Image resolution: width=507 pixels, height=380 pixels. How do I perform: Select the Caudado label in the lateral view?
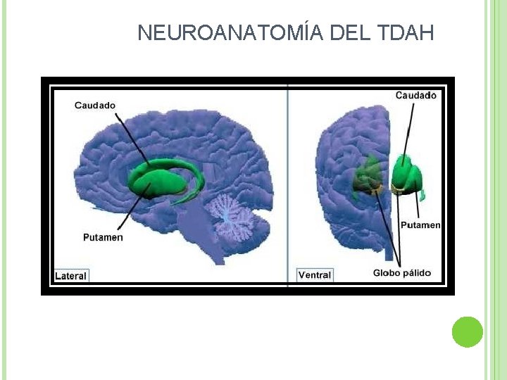[95, 106]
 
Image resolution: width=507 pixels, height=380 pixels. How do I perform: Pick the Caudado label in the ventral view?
[415, 95]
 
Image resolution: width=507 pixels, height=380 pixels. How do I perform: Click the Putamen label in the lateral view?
[103, 237]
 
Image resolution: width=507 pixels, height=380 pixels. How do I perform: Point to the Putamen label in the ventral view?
[420, 225]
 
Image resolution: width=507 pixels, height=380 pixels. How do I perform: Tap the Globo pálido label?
[402, 273]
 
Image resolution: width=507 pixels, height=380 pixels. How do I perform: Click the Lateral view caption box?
[71, 276]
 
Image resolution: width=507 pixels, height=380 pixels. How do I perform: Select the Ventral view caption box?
[314, 275]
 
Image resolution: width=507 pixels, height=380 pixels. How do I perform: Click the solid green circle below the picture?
[468, 331]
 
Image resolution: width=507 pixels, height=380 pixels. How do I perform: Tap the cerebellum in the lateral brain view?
[232, 218]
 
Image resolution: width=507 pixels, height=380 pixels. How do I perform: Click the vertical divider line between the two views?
[287, 183]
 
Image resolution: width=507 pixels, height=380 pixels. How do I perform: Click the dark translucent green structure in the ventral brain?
[368, 176]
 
